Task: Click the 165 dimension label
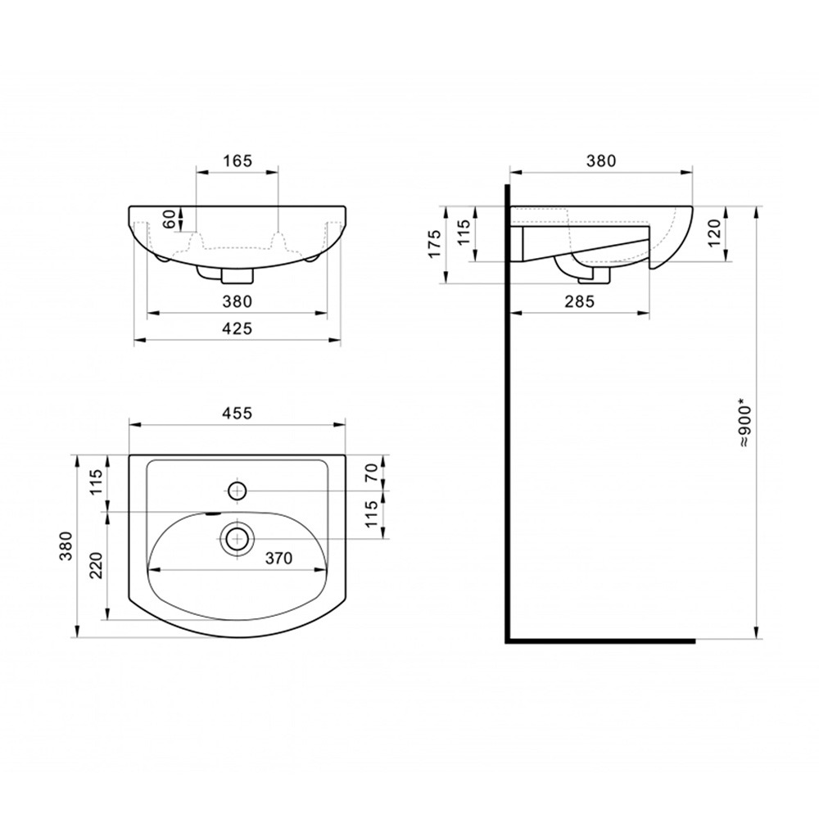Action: (x=238, y=161)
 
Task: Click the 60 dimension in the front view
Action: (x=170, y=219)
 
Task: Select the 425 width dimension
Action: (x=238, y=328)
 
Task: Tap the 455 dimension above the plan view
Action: (x=238, y=413)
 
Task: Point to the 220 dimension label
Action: (x=96, y=564)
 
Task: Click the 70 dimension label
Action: (x=371, y=473)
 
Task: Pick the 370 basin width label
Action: (x=278, y=558)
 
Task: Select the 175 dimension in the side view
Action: (x=435, y=243)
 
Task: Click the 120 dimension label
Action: (x=714, y=233)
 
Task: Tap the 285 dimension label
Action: (x=580, y=301)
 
